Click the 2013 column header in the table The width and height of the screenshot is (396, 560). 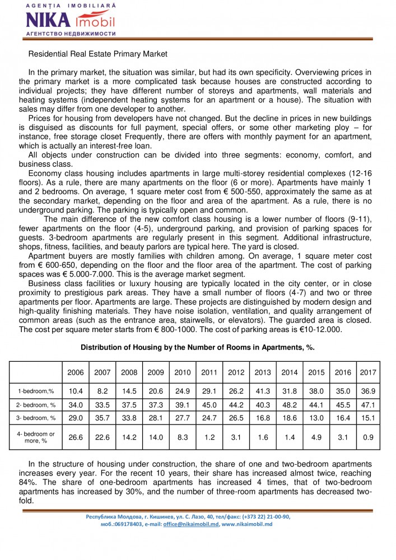click(x=263, y=372)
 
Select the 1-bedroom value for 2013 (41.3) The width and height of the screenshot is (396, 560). click(x=263, y=391)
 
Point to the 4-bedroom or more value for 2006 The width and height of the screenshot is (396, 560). click(x=76, y=437)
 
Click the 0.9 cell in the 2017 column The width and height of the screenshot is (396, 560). click(x=368, y=437)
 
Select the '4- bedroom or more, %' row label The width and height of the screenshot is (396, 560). click(x=36, y=437)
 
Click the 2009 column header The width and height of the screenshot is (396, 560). click(x=156, y=372)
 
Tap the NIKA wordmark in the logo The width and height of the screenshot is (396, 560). click(x=48, y=21)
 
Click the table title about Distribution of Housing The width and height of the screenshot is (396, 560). click(x=198, y=347)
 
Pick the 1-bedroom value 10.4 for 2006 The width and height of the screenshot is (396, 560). click(x=76, y=391)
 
